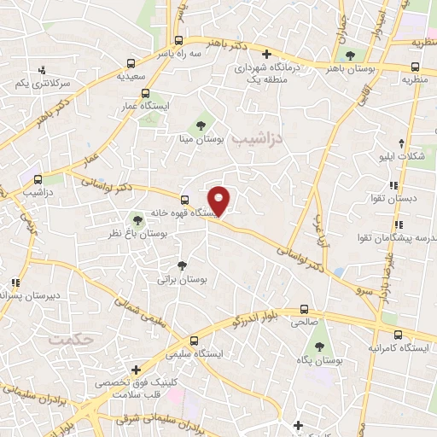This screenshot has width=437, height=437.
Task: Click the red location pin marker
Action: point(221,201)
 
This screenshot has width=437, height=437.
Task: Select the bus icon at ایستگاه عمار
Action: point(145,94)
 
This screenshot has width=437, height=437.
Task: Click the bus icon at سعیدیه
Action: point(131,62)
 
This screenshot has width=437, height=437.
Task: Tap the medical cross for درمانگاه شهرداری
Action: point(265,53)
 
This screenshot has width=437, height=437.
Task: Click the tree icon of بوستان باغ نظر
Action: point(136,220)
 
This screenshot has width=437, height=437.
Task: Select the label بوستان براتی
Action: point(183,279)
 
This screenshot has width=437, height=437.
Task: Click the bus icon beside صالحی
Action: point(305,310)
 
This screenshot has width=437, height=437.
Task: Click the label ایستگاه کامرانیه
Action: point(397,349)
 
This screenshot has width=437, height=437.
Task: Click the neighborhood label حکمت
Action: point(69,339)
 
